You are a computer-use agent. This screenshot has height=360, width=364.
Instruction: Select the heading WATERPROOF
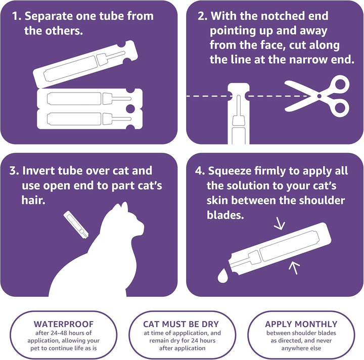(57, 324)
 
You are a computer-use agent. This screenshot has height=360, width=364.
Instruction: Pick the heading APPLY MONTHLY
(301, 324)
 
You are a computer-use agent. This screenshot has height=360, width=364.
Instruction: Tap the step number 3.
(13, 171)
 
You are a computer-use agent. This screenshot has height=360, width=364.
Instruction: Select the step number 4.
(200, 171)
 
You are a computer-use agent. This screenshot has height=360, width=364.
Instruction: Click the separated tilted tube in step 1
(86, 66)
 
